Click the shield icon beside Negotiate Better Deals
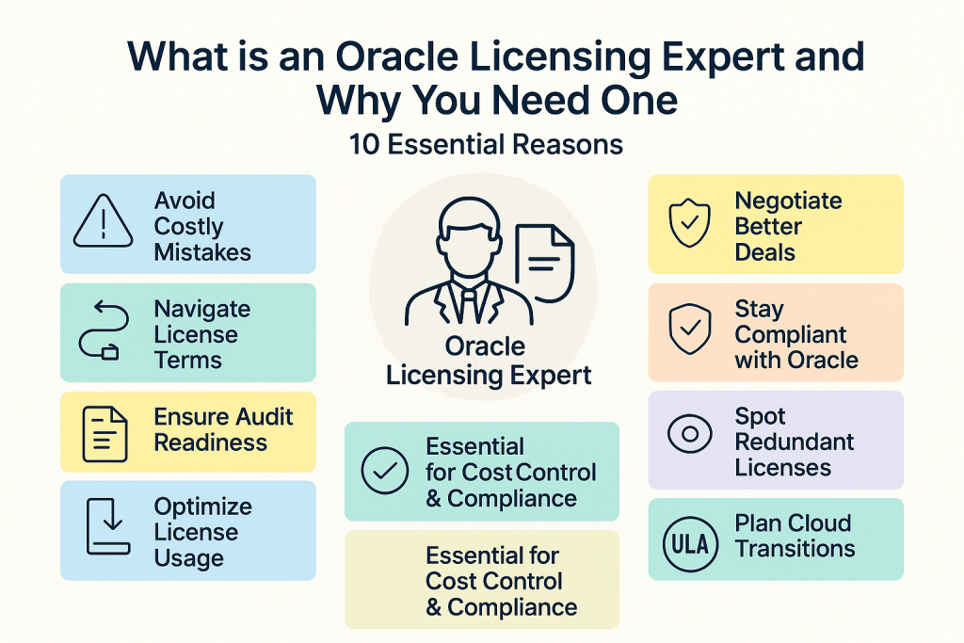click(690, 225)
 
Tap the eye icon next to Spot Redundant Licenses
click(690, 433)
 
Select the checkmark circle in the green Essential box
click(384, 471)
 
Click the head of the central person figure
click(463, 234)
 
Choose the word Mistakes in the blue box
click(202, 252)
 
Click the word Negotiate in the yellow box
click(788, 201)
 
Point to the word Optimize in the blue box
click(203, 506)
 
